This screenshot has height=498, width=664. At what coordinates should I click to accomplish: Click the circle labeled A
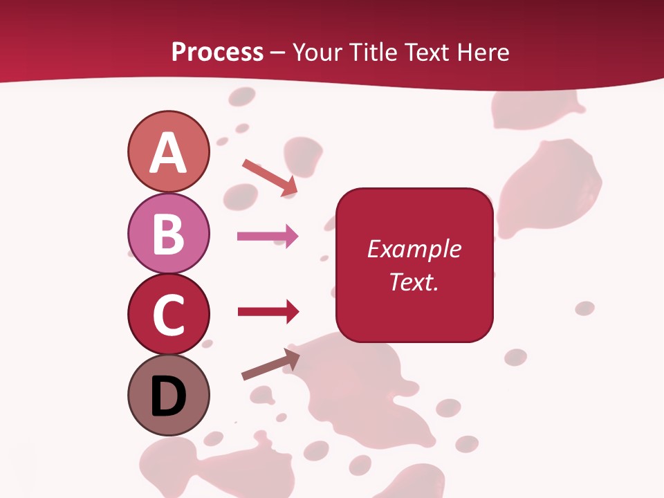pos(168,151)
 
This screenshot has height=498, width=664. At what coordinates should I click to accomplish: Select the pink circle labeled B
pos(168,233)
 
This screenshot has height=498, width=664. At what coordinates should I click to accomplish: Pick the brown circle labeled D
pos(168,395)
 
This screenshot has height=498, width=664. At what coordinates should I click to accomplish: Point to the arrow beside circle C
pos(268,312)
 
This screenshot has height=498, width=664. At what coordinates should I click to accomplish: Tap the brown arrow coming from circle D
pos(270,365)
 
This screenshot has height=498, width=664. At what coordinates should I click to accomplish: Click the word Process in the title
pos(217,52)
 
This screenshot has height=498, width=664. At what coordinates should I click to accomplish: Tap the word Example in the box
pos(414,249)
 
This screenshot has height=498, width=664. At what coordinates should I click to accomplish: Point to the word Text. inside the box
pos(414,282)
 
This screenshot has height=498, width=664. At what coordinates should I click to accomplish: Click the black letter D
pos(168,396)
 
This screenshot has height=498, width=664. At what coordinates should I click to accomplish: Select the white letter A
pos(168,153)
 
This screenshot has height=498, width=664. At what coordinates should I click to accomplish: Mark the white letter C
pos(168,315)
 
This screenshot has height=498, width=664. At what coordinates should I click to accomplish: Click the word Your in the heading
pos(317,52)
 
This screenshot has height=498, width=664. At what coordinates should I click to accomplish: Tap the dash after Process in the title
pos(277,53)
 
